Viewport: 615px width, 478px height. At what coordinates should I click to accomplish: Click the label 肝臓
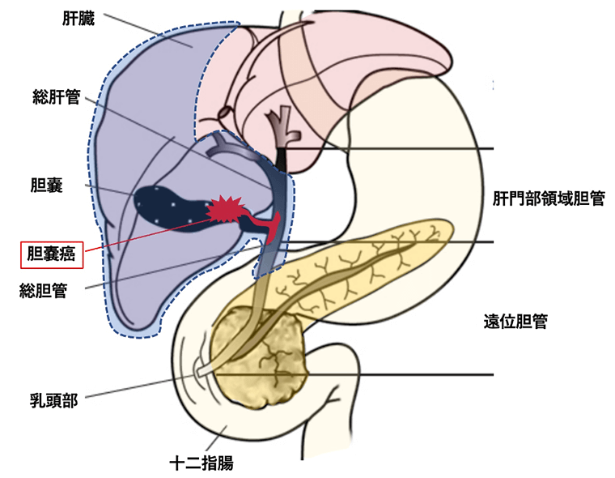78,17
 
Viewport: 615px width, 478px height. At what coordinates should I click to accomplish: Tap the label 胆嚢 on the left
47,186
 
